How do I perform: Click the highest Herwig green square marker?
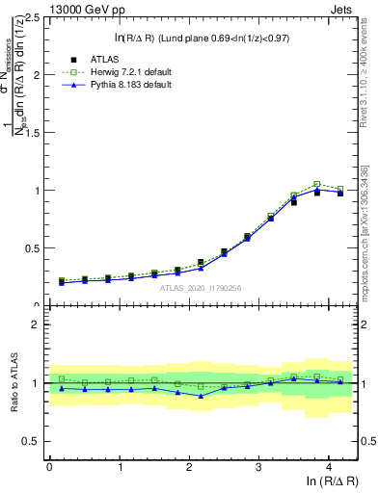click(x=317, y=184)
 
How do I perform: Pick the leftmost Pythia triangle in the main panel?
click(x=62, y=283)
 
